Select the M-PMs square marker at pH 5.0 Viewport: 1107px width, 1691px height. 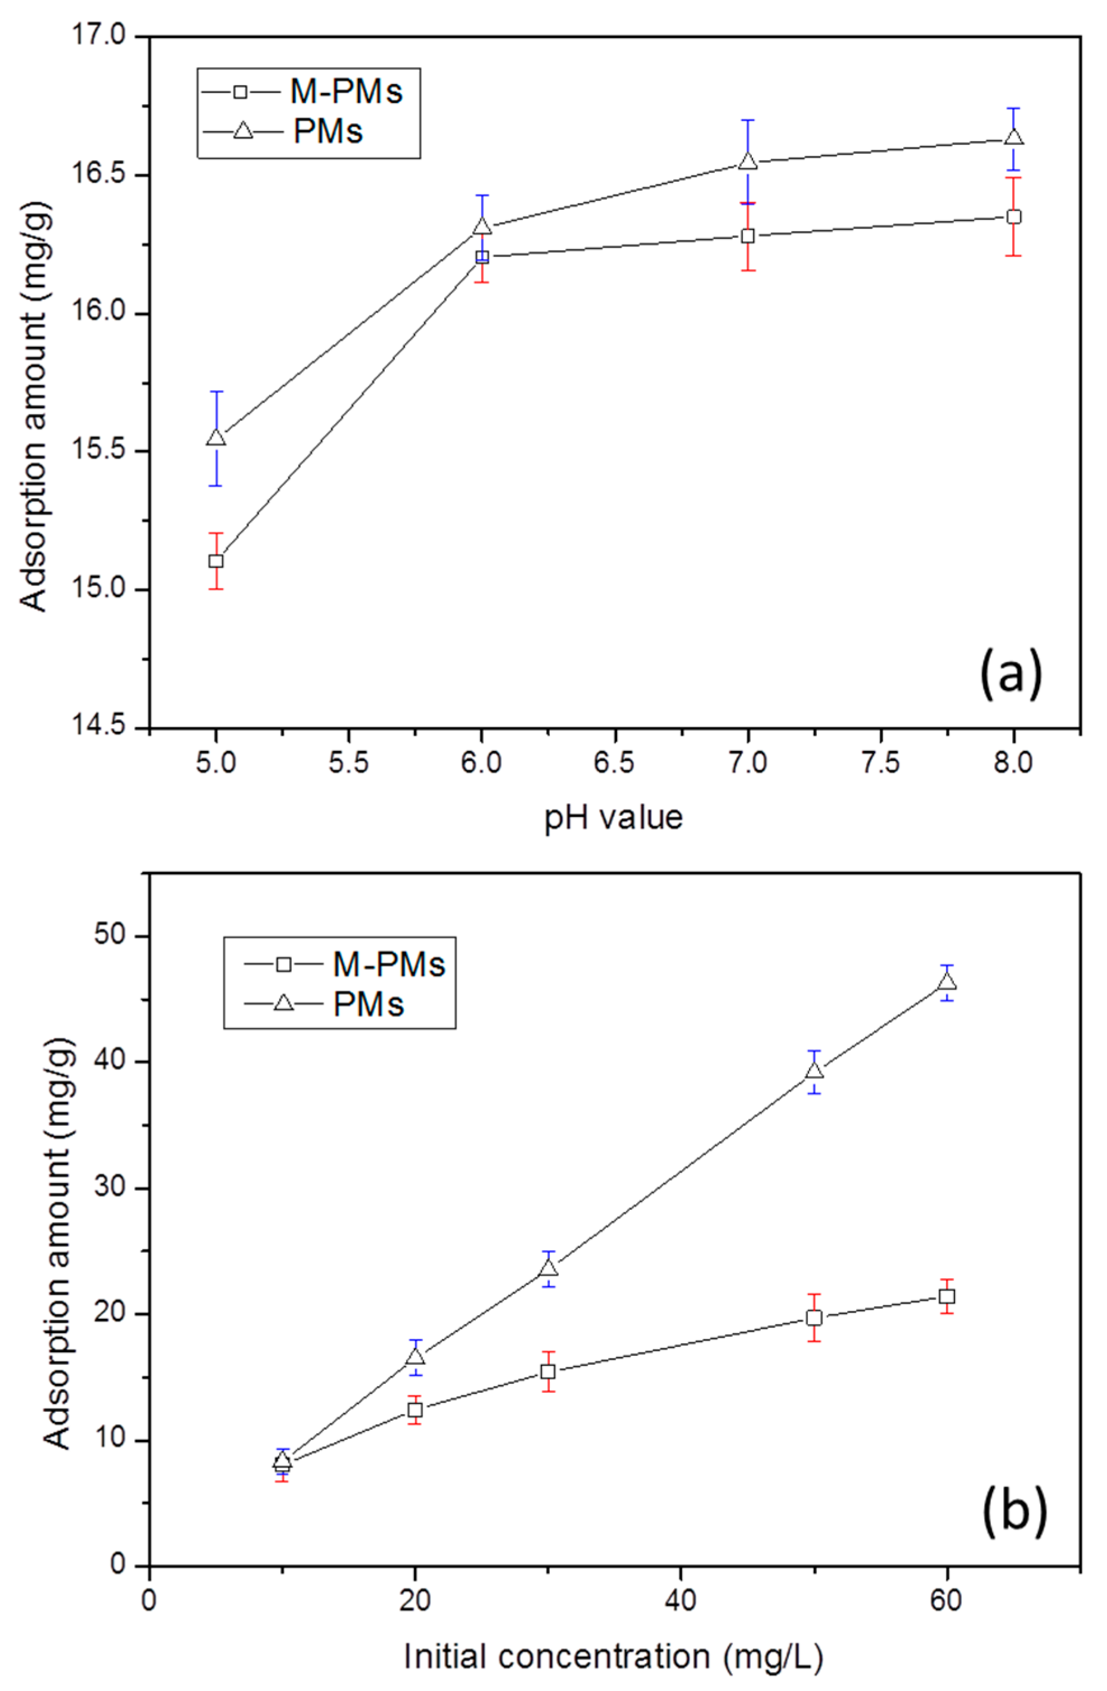pyautogui.click(x=216, y=561)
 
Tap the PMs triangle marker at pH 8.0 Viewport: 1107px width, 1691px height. pyautogui.click(x=1014, y=137)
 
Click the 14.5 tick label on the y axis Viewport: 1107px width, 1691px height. pyautogui.click(x=101, y=728)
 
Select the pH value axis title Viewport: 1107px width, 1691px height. pyautogui.click(x=614, y=817)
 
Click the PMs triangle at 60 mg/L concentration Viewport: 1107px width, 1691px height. pyautogui.click(x=947, y=982)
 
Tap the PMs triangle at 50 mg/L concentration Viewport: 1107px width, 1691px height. pyautogui.click(x=815, y=1071)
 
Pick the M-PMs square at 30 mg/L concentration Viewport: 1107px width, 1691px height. pyautogui.click(x=548, y=1371)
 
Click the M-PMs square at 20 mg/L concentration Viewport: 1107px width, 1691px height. pyautogui.click(x=415, y=1410)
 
